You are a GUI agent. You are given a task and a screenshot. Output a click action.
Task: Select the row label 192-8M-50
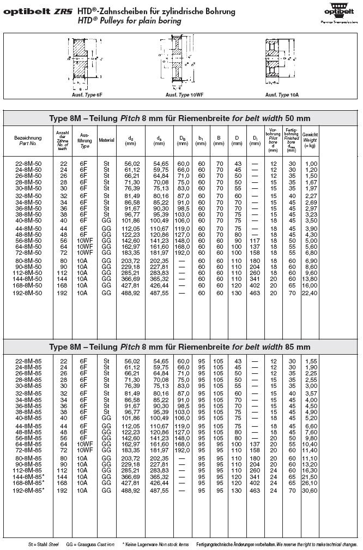pos(28,293)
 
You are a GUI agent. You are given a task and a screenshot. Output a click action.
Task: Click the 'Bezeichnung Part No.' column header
pos(28,140)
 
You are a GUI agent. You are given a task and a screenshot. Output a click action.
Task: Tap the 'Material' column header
pos(106,140)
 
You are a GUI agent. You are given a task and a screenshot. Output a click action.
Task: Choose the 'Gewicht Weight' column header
pos(310,140)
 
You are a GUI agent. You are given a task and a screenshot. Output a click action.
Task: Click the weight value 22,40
pos(311,293)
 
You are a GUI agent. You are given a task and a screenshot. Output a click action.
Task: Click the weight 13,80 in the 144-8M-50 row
pos(311,279)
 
